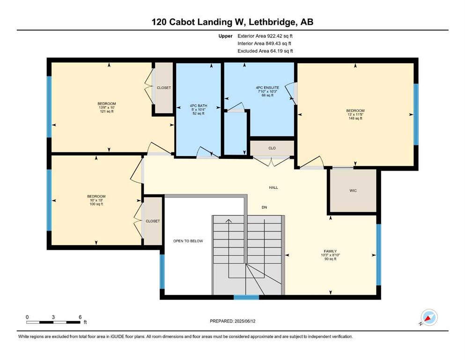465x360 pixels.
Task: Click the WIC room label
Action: coord(353,190)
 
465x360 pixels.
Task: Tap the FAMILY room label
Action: coord(330,251)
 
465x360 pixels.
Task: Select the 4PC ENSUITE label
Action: coord(267,88)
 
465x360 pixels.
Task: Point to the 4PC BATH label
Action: coord(199,105)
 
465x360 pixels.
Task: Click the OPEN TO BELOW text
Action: coord(188,241)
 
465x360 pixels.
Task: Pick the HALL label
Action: coord(273,187)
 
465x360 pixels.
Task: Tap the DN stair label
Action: coord(264,208)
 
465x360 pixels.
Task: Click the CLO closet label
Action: coord(272,148)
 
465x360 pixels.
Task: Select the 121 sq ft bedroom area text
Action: coord(107,111)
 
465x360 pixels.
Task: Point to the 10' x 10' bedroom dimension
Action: coord(96,200)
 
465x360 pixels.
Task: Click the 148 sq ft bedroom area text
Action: coord(355,119)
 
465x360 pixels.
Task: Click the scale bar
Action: coord(53,322)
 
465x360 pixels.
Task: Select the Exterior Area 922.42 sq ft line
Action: coord(265,36)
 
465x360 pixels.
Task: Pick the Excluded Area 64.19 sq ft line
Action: coord(265,51)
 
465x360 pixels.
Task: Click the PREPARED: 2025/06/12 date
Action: coord(232,321)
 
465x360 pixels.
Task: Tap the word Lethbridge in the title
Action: coord(272,22)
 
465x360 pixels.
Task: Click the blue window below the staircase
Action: coord(246,297)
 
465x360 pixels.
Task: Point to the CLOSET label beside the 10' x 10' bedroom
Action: coord(153,221)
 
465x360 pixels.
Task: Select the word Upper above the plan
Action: coord(225,36)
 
